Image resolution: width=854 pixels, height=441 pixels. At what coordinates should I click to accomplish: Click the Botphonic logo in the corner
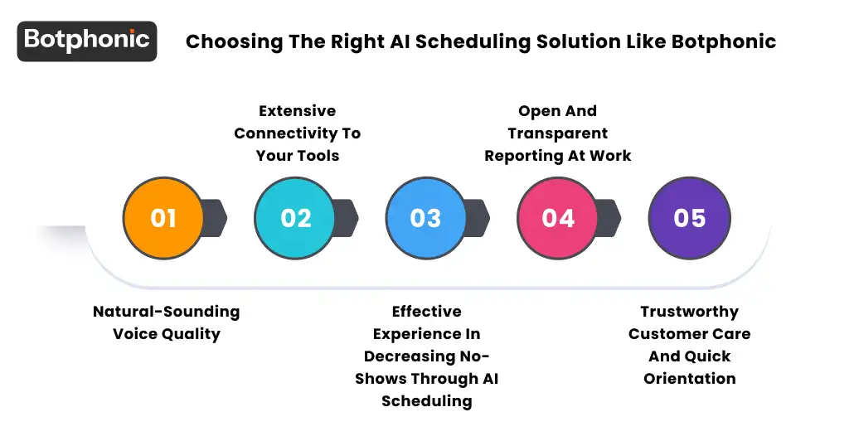tap(86, 40)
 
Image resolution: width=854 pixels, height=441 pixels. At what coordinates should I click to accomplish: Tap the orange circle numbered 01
tap(163, 218)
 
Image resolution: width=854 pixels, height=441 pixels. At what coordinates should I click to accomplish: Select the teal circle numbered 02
tap(295, 218)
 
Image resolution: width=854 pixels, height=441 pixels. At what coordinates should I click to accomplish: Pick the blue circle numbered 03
tap(426, 218)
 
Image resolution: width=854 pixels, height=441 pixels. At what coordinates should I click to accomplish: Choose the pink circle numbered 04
tap(558, 218)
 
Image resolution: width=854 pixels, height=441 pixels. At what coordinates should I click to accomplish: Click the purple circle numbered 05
tap(689, 218)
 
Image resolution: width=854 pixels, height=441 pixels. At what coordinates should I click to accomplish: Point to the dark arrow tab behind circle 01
tap(215, 218)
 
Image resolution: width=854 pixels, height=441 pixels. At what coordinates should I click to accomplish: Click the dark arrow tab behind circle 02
tap(347, 218)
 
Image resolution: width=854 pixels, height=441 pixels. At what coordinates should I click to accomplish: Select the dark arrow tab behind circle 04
tap(609, 218)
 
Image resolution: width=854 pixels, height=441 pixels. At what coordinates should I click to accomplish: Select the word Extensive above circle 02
tap(297, 111)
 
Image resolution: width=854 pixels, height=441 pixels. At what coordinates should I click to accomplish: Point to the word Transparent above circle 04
tap(558, 133)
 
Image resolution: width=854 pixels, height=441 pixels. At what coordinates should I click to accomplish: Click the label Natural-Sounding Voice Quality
tap(166, 323)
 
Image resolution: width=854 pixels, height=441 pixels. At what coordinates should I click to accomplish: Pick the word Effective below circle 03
tap(426, 312)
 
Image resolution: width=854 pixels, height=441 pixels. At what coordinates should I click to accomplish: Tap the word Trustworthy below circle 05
tap(689, 312)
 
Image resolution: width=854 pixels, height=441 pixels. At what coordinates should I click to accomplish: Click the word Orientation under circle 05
tap(689, 379)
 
